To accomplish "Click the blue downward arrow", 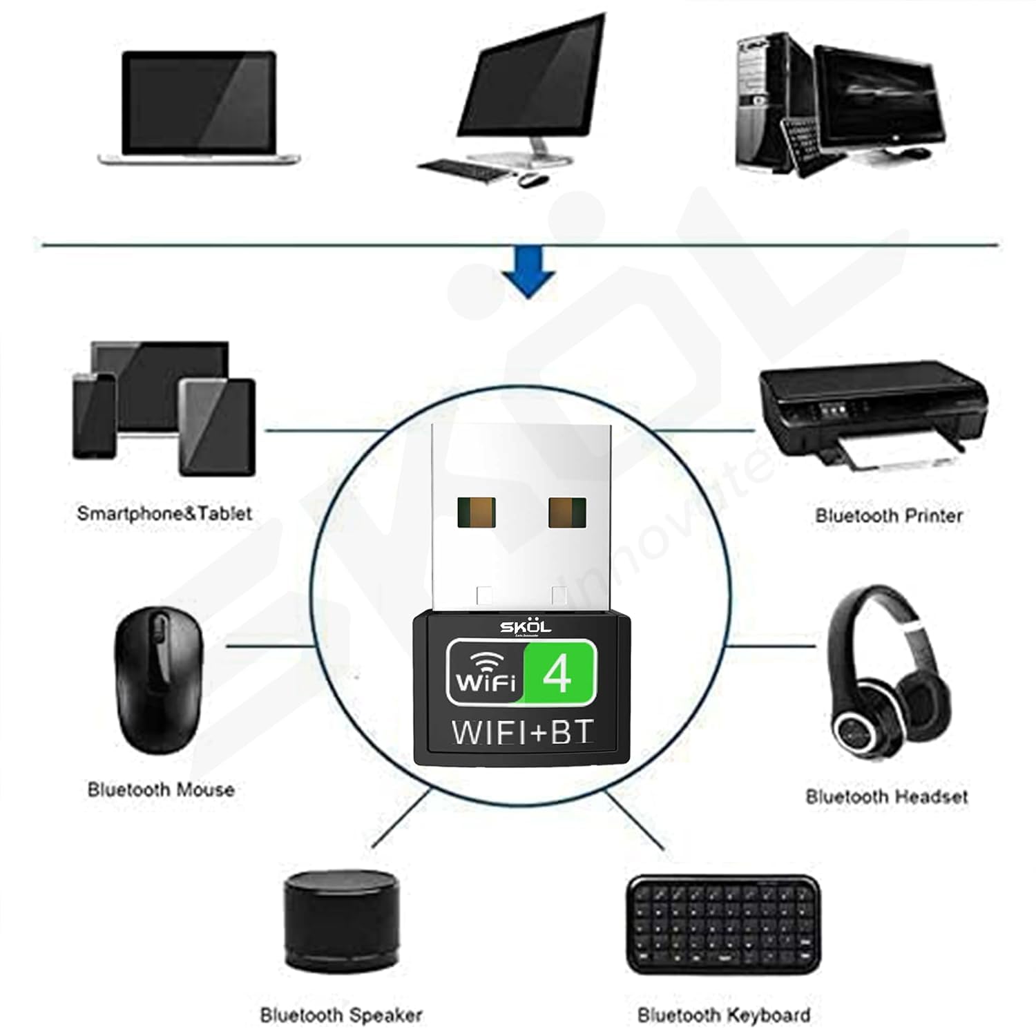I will pyautogui.click(x=528, y=274).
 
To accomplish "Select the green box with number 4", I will pyautogui.click(x=559, y=672).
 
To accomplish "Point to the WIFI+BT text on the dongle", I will pyautogui.click(x=521, y=732).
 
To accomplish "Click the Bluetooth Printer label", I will pyautogui.click(x=888, y=515).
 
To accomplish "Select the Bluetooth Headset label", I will pyautogui.click(x=886, y=796).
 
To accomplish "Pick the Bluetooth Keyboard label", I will pyautogui.click(x=723, y=1015).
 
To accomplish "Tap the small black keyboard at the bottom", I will pyautogui.click(x=723, y=923).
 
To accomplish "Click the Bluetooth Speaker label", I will pyautogui.click(x=340, y=1015).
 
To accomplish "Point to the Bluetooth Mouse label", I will pyautogui.click(x=161, y=789).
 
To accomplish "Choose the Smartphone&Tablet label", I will pyautogui.click(x=164, y=513).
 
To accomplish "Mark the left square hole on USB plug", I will pyautogui.click(x=476, y=513).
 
